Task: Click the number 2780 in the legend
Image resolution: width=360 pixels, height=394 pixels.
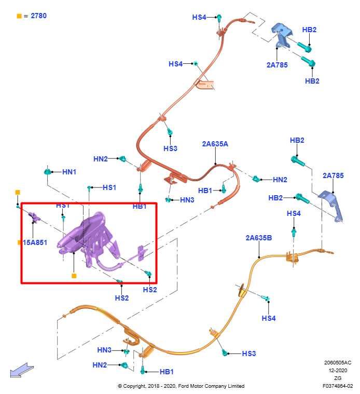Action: click(x=39, y=16)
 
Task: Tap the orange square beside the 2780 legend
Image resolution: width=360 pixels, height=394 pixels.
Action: click(x=19, y=16)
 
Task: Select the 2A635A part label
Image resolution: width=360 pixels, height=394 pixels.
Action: click(x=215, y=144)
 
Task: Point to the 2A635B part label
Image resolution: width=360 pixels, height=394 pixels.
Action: click(x=258, y=238)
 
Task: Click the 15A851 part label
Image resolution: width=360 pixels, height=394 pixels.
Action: click(x=35, y=242)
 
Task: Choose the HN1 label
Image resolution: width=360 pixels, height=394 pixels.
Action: click(x=69, y=172)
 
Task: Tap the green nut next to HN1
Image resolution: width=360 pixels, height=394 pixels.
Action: click(x=47, y=172)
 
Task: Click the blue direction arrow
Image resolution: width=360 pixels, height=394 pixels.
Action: click(x=21, y=370)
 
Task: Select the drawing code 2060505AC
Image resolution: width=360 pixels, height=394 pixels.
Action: click(x=338, y=362)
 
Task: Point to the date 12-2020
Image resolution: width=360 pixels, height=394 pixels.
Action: click(x=338, y=370)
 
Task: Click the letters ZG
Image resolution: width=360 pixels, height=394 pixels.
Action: click(x=338, y=378)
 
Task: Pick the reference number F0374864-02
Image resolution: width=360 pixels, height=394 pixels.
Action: click(x=338, y=386)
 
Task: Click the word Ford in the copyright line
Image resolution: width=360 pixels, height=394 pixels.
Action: click(x=184, y=386)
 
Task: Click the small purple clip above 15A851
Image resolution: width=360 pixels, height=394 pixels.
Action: click(x=33, y=217)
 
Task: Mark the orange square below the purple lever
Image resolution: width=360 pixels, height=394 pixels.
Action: click(x=74, y=276)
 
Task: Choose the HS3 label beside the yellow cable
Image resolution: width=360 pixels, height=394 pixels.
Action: click(x=249, y=354)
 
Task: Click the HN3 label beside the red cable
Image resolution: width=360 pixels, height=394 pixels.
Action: click(x=187, y=200)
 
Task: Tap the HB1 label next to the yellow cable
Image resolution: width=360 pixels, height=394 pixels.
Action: click(x=167, y=372)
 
